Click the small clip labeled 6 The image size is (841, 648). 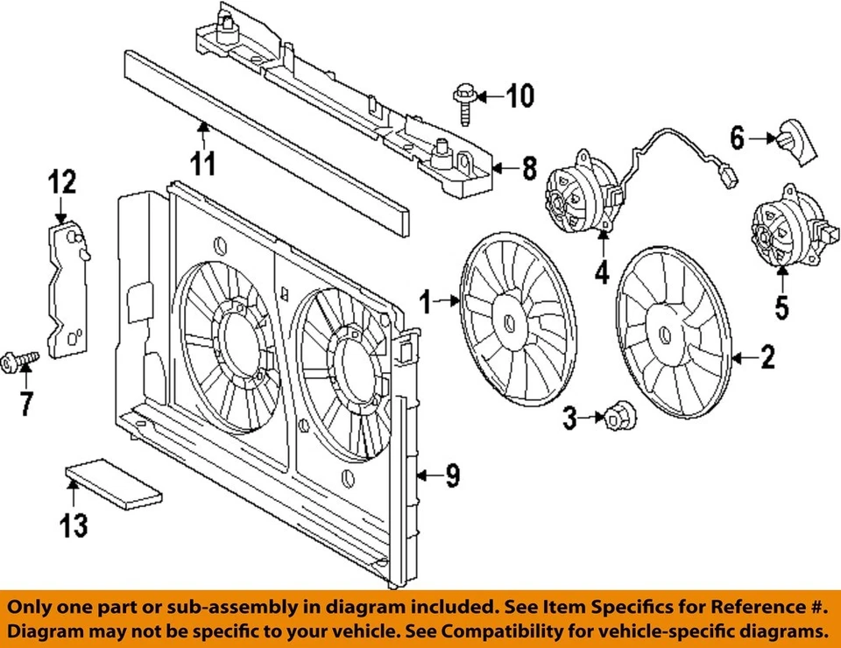(x=793, y=141)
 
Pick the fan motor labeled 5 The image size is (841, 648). (x=783, y=232)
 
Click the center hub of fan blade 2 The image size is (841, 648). (x=666, y=334)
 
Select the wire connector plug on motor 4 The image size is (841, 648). (x=726, y=178)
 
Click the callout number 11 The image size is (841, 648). (x=204, y=162)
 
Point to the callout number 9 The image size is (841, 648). (x=450, y=475)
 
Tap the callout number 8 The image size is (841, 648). (x=528, y=168)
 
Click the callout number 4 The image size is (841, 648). (x=602, y=273)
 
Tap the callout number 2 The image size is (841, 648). (x=767, y=357)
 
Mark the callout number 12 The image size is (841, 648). (x=61, y=181)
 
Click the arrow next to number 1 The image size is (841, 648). (x=449, y=302)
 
